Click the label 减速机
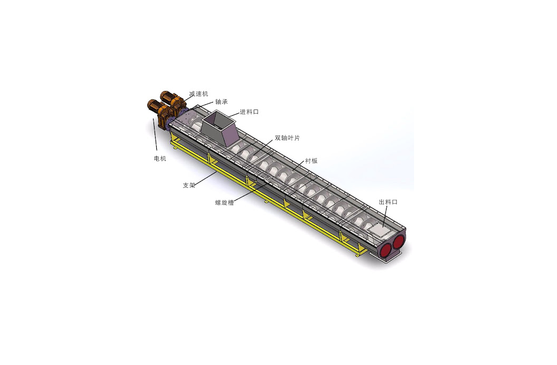pos(199,94)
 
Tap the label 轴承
pos(221,102)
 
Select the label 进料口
pos(249,112)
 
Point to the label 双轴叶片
pos(288,138)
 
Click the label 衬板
pos(311,161)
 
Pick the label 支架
pos(189,185)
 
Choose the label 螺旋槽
pos(224,203)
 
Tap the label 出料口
pos(388,202)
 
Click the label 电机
pos(160,158)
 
